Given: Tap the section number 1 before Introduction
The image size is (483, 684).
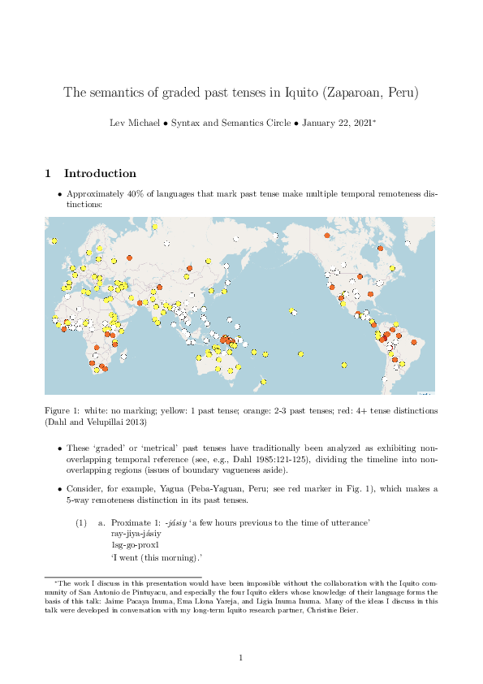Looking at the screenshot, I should (48, 173).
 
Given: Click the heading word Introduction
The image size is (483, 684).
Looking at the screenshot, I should (100, 173).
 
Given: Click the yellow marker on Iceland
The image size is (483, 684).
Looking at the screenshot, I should (54, 240).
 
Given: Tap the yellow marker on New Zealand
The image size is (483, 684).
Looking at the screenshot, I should (264, 382).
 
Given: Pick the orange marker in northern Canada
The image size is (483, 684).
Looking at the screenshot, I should (327, 236).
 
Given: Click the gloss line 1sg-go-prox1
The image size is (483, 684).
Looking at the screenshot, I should (136, 546).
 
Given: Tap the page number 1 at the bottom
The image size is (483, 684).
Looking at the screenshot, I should (241, 657).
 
